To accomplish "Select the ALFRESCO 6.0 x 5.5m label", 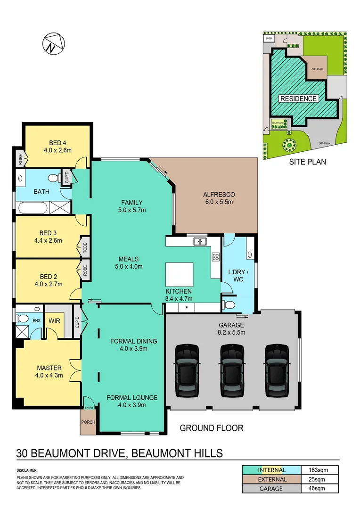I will pos(219,198).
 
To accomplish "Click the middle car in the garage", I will pos(231,370).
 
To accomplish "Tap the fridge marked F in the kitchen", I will pos(187,308).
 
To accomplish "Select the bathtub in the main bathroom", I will pos(32,208).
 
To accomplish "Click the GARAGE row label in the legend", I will pos(271,489).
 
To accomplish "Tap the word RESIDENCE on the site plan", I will pos(298,99).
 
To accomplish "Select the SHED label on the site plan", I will pos(269,38).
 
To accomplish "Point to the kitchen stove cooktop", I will pos(215,257).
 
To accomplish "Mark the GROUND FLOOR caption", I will pos(212,428).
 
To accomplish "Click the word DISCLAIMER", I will pos(27,470).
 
